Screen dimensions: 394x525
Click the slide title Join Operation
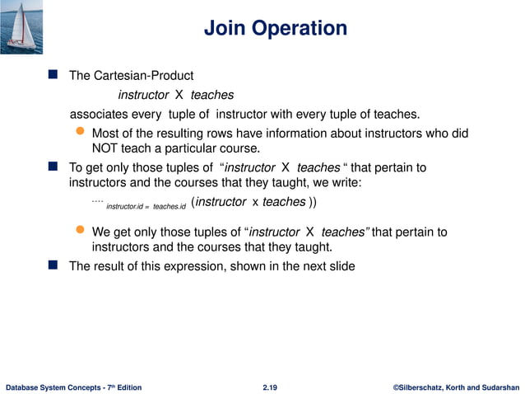275,29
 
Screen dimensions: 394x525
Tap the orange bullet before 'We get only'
80,232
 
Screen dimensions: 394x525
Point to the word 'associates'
100,113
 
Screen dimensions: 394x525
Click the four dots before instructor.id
96,199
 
